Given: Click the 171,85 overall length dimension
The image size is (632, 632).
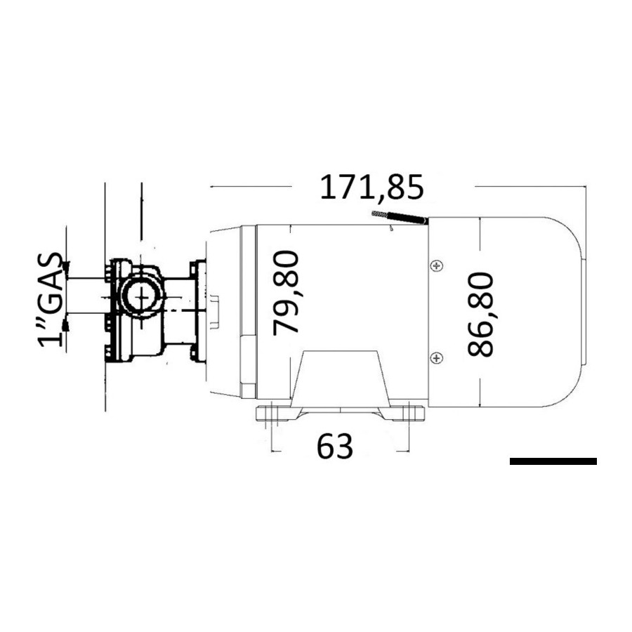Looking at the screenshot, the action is (371, 187).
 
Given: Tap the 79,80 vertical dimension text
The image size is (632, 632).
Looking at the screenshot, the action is (286, 293).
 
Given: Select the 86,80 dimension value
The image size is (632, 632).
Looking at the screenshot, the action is (480, 315).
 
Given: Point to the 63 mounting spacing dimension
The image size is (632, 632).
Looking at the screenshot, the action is (334, 447).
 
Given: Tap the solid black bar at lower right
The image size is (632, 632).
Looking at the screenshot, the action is (553, 461).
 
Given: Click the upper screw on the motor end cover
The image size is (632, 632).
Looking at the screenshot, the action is (437, 266).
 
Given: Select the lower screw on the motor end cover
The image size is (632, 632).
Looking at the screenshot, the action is (437, 357).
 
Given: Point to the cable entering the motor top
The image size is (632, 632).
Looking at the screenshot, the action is (399, 217).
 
